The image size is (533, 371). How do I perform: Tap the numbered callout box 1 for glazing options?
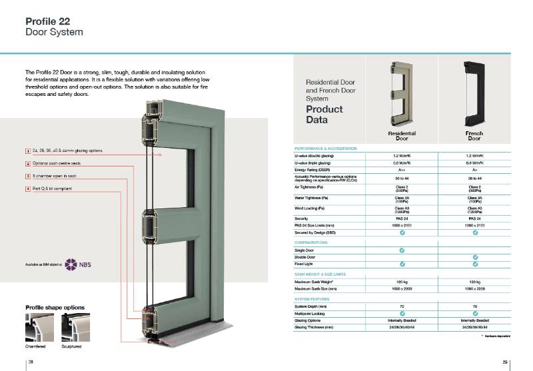pyautogui.click(x=27, y=152)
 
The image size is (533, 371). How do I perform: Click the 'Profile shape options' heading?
pyautogui.click(x=55, y=307)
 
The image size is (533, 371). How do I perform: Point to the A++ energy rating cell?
pyautogui.click(x=401, y=170)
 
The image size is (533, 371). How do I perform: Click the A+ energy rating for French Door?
pyautogui.click(x=474, y=170)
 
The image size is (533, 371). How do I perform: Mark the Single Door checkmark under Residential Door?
pyautogui.click(x=401, y=250)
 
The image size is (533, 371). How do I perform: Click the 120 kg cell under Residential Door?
pyautogui.click(x=401, y=282)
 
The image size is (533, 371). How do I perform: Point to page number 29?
pyautogui.click(x=506, y=361)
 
